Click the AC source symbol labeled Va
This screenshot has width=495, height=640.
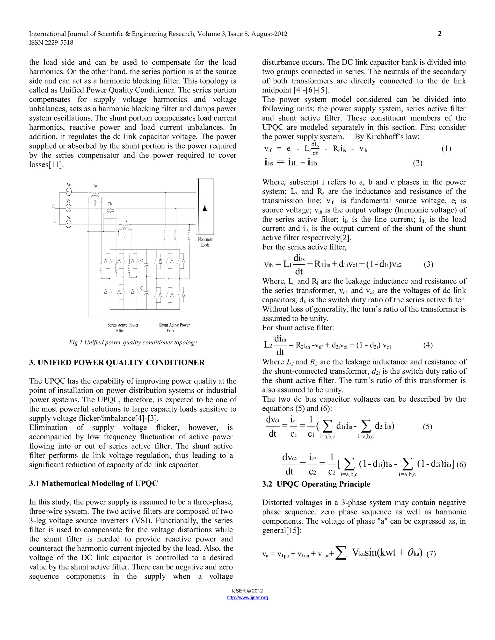click(68, 192)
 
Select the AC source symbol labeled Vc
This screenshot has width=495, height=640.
click(68, 224)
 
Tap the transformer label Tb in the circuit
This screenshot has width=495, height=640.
click(110, 204)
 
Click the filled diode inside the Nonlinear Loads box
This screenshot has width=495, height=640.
click(205, 208)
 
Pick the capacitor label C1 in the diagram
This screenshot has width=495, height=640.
click(142, 261)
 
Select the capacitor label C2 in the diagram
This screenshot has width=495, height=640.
click(142, 288)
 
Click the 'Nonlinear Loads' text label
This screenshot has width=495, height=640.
click(205, 242)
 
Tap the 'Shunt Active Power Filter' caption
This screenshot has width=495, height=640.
click(174, 328)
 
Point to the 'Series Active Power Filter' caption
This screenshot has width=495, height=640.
click(123, 328)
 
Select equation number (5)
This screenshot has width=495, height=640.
click(427, 427)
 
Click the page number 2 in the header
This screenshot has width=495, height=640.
click(439, 34)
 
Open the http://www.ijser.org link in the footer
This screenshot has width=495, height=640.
click(247, 597)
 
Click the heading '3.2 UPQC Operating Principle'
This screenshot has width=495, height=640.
click(316, 484)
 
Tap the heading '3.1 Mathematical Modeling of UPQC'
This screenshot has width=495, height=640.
click(93, 483)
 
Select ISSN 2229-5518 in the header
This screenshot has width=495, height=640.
click(51, 43)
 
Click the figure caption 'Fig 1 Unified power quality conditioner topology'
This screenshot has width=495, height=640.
click(132, 342)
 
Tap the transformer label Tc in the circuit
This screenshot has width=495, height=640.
click(125, 220)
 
